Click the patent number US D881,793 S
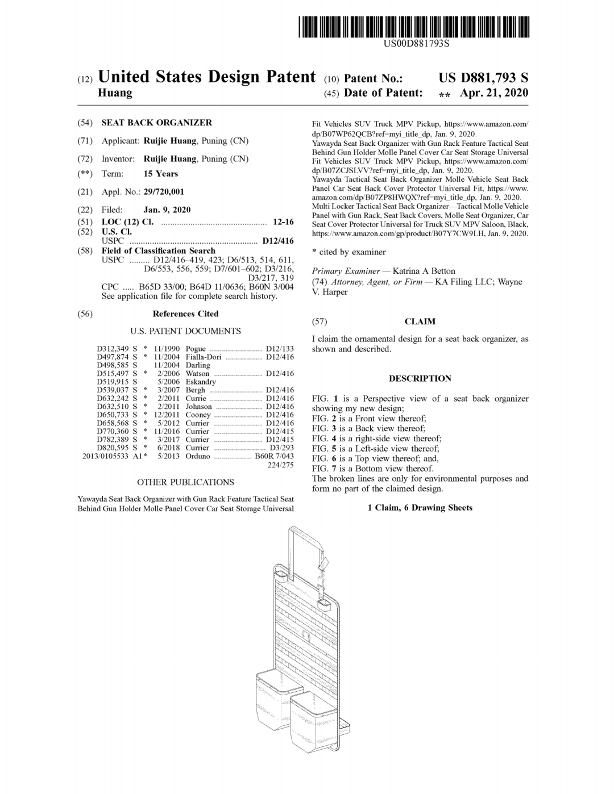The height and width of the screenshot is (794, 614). (x=483, y=78)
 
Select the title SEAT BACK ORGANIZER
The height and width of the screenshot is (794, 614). (x=156, y=123)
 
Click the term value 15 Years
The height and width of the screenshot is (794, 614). (x=160, y=174)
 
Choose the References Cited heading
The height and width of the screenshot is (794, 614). (x=185, y=314)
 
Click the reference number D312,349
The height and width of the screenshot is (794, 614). (x=113, y=349)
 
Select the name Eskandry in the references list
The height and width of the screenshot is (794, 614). (x=201, y=382)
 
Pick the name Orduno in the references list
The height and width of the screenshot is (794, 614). (x=197, y=456)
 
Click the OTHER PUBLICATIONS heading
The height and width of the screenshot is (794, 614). (x=185, y=483)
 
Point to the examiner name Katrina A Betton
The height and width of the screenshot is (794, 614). (x=424, y=271)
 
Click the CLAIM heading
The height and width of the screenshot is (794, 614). (x=420, y=322)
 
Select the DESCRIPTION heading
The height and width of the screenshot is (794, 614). (x=420, y=379)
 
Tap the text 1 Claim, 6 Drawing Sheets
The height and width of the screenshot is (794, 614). (x=420, y=508)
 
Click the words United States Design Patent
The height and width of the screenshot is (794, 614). (x=207, y=77)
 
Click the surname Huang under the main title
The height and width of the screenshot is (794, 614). (x=115, y=93)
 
